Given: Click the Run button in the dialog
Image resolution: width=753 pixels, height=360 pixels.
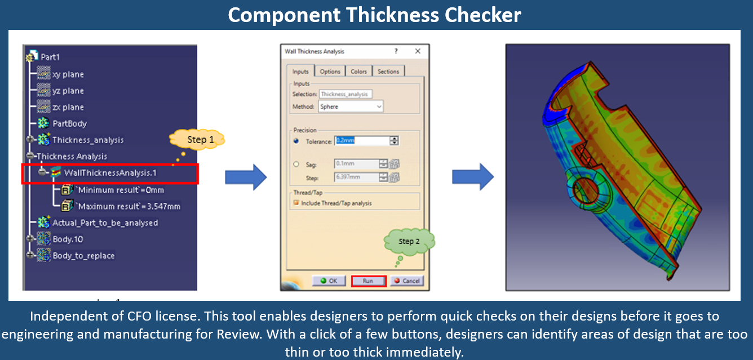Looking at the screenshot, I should pos(368,281).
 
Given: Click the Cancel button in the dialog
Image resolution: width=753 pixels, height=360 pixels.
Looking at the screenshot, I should pos(407,281).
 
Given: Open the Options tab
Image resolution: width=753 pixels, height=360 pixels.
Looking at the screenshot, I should pos(330,72).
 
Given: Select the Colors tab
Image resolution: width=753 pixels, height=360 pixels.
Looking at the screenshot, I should pos(358,72).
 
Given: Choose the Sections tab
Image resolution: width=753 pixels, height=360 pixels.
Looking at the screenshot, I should pos(388,72).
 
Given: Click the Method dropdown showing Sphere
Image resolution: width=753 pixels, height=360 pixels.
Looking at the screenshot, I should pos(351,106).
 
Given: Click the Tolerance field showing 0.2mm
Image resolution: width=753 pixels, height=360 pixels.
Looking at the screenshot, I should pos(361,141).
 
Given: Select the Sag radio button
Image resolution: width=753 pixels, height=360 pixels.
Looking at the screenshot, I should pos(296,164).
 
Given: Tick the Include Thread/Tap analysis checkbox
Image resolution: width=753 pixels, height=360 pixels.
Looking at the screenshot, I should pos(296,203).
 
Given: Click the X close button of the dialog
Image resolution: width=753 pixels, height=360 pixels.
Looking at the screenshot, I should pos(418,51).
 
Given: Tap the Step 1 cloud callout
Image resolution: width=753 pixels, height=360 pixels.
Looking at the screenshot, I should pos(197,140).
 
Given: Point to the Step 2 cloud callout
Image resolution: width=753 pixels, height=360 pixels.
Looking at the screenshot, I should pos(409,242).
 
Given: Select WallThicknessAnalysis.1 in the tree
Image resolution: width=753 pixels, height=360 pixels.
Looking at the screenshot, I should pos(110,173).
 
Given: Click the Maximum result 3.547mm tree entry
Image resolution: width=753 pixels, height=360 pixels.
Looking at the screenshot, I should pos(129,206).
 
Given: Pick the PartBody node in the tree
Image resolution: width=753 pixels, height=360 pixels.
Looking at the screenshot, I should pos(69,123).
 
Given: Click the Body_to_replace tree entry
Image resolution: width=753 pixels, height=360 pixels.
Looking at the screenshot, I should pos(83,256).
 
